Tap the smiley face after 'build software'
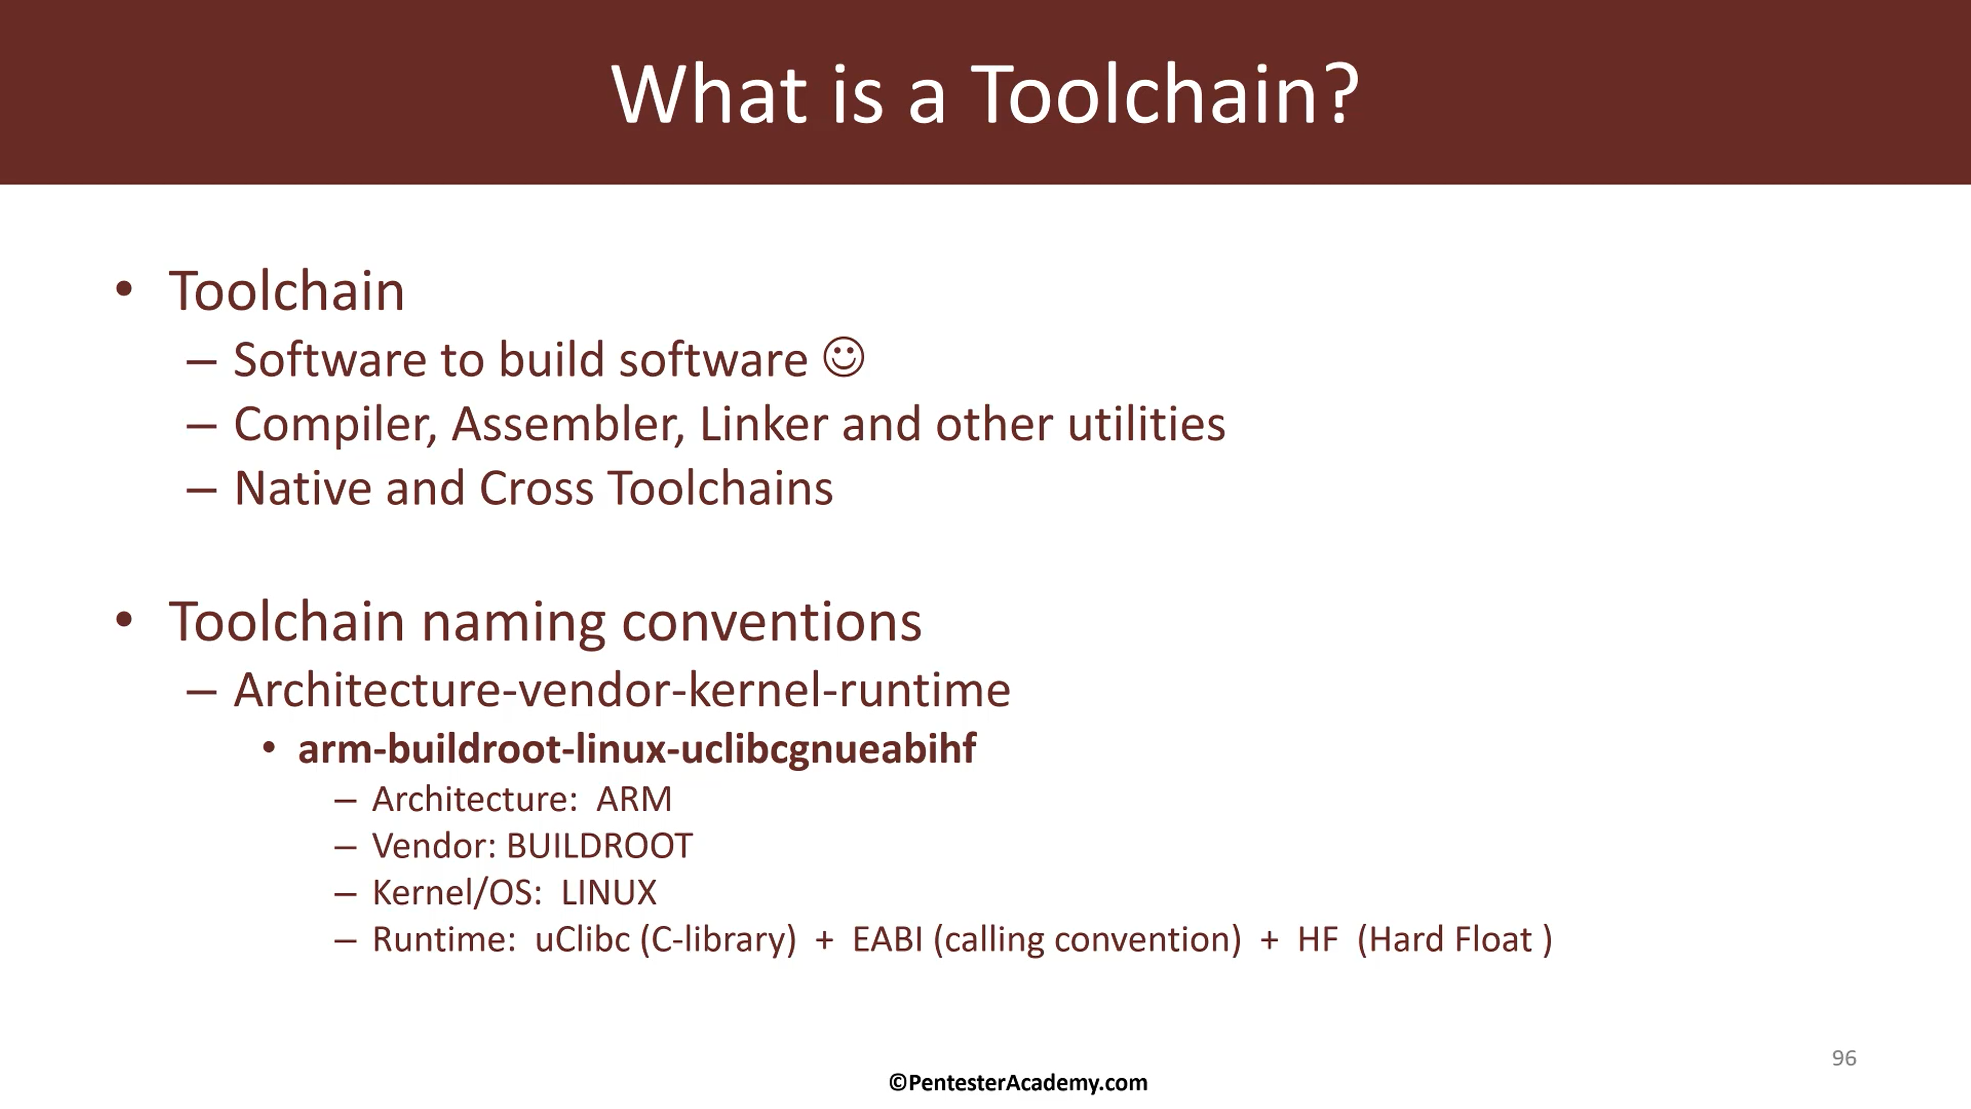tap(844, 357)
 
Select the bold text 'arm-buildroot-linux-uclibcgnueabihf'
tap(636, 749)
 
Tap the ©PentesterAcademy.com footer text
tap(1018, 1083)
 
